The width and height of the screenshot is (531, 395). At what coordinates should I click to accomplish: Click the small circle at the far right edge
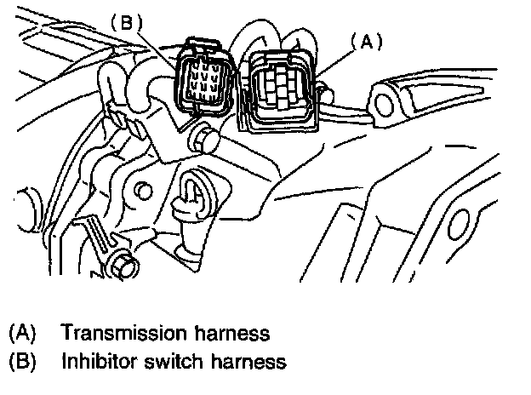pyautogui.click(x=459, y=223)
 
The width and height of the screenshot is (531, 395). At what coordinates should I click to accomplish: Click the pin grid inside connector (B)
pyautogui.click(x=203, y=80)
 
